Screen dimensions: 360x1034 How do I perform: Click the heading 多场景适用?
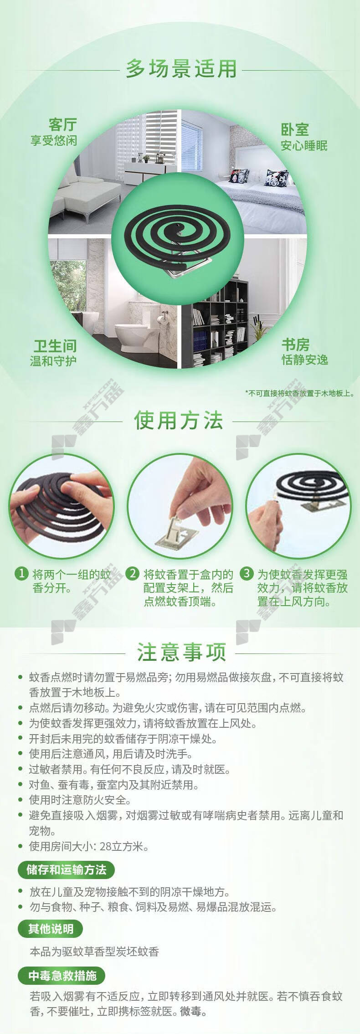click(x=181, y=69)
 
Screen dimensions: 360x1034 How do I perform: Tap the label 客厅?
click(x=63, y=124)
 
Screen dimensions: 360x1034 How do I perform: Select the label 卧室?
click(x=295, y=130)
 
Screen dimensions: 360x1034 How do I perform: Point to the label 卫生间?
click(x=55, y=346)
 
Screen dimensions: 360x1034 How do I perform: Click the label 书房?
click(x=295, y=345)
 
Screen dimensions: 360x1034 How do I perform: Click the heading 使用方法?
click(x=178, y=421)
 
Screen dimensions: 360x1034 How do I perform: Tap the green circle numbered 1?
click(x=21, y=573)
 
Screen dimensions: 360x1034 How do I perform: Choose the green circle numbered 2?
click(x=132, y=573)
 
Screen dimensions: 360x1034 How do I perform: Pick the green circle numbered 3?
click(x=247, y=573)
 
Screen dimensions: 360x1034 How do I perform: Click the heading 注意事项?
click(x=181, y=652)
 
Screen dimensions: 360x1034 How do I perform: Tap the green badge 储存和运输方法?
click(x=66, y=870)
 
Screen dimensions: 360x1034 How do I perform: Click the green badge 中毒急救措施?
click(x=62, y=976)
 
